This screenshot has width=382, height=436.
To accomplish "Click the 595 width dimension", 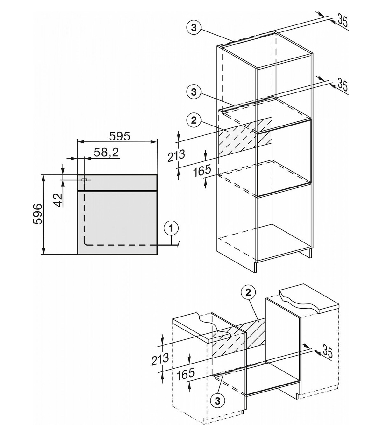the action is click(x=119, y=136).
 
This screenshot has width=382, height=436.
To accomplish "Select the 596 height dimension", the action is click(x=38, y=214).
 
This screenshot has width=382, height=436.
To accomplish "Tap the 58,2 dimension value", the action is click(x=106, y=153).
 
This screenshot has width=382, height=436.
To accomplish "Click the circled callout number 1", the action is click(x=171, y=229).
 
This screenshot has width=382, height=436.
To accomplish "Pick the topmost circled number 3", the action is click(x=194, y=28).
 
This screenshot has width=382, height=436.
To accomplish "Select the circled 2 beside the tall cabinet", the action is click(x=194, y=121).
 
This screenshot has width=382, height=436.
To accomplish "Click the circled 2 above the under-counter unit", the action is click(x=248, y=293).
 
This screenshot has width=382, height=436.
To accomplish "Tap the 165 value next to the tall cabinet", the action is click(x=202, y=171).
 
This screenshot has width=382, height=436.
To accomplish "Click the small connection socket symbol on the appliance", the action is click(x=84, y=180).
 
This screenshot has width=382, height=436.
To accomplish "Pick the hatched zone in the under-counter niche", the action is click(x=238, y=337).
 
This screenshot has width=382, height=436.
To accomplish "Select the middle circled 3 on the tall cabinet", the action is click(x=194, y=92).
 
